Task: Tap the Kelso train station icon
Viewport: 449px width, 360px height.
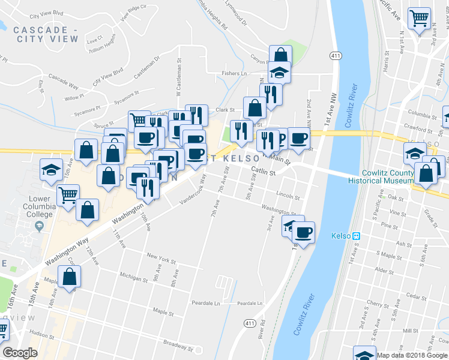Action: point(355,236)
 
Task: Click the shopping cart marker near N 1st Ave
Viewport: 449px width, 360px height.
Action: point(419,18)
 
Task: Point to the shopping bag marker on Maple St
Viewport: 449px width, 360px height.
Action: point(70,277)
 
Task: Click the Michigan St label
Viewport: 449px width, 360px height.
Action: point(133,278)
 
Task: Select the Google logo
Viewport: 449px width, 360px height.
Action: point(20,353)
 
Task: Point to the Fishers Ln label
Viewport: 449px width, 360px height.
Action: point(234,73)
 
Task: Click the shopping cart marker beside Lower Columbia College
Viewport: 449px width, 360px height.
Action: point(68,194)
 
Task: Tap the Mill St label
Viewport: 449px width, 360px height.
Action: point(411,331)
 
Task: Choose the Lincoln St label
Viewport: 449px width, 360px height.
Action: point(288,196)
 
